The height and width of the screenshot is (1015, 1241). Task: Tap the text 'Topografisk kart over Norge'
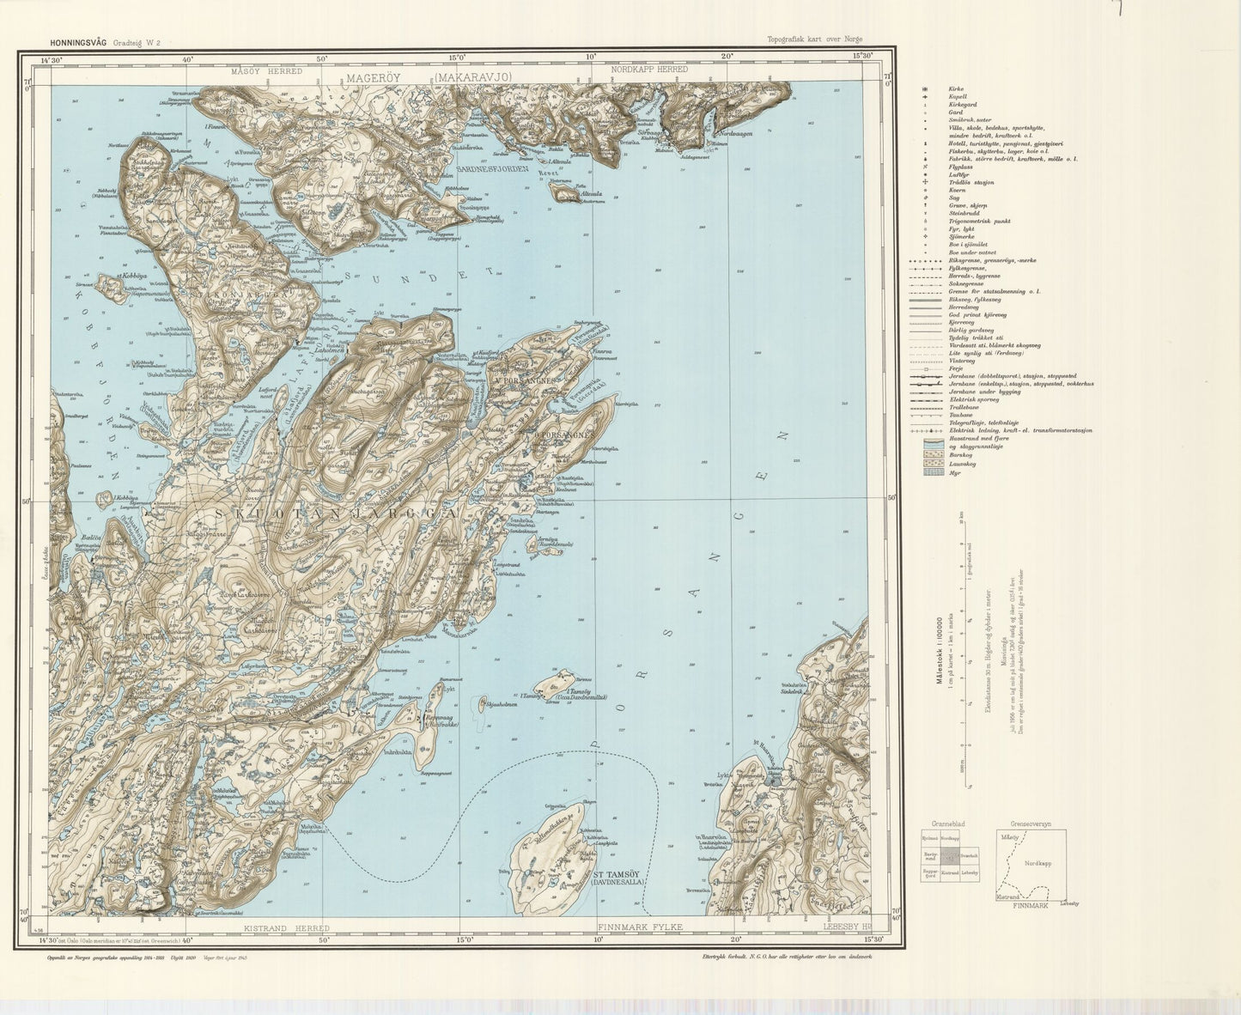(815, 40)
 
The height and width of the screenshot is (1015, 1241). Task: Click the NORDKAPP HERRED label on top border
(649, 70)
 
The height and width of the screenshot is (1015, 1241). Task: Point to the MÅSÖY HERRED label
(266, 71)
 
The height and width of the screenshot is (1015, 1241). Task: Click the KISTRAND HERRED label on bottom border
(287, 928)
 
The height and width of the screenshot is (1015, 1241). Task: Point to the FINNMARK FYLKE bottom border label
(640, 928)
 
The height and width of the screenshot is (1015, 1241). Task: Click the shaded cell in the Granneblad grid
(949, 856)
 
